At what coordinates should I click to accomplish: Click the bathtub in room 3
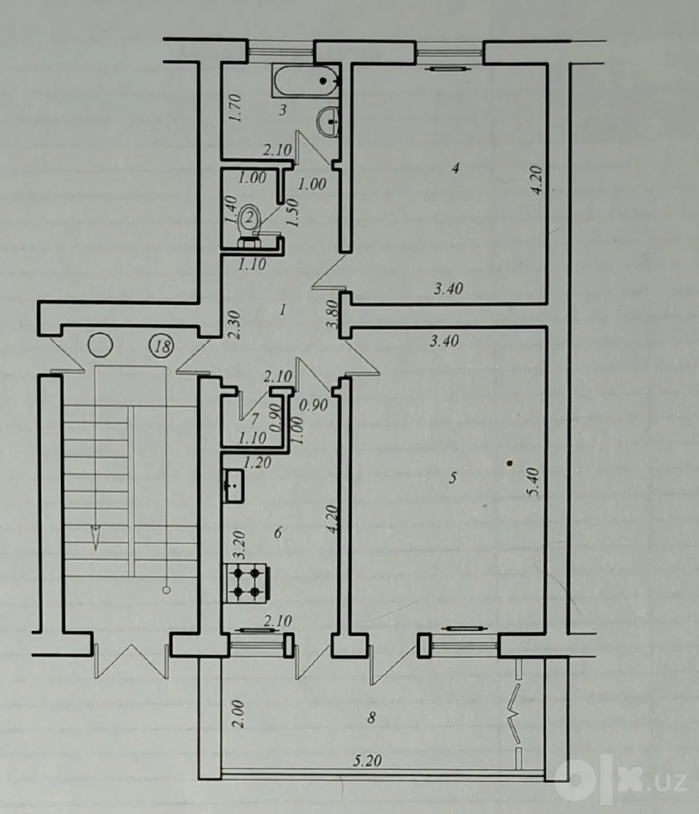click(x=305, y=81)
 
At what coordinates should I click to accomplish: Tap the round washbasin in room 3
click(x=327, y=121)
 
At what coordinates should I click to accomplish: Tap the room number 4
click(x=456, y=169)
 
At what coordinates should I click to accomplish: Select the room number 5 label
click(x=453, y=478)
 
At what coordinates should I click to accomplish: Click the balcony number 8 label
click(x=370, y=718)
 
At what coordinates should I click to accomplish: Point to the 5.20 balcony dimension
click(x=367, y=761)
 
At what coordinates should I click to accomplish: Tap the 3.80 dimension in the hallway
click(x=332, y=314)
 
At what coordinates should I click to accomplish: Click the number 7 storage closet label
click(x=255, y=419)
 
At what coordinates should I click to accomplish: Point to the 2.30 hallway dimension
click(x=234, y=325)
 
